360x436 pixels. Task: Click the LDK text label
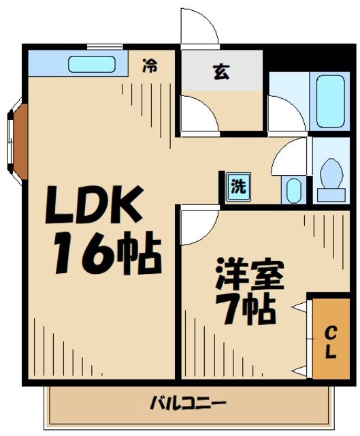(95, 205)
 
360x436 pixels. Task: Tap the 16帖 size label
(107, 253)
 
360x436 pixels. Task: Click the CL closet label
(329, 343)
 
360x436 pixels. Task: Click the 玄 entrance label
(221, 72)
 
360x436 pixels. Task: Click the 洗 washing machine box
(238, 187)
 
